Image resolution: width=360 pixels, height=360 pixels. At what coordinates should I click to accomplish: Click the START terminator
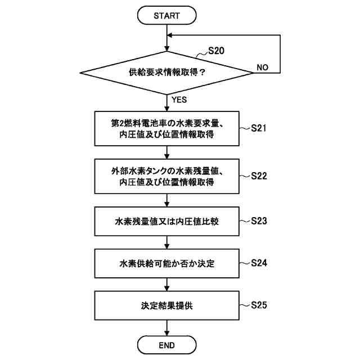point(167,16)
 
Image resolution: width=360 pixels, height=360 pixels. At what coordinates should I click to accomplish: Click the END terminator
point(167,345)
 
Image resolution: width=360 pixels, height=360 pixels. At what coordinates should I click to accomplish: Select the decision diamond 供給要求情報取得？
point(167,73)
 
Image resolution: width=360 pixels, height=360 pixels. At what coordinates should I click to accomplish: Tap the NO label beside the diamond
point(262,67)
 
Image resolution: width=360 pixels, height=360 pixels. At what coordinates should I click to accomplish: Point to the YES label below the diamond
point(179,100)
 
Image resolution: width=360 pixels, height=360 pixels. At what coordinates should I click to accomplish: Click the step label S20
point(216,51)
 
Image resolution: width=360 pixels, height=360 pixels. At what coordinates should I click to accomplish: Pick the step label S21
point(259,128)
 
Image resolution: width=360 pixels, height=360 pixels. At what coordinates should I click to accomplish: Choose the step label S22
point(259,175)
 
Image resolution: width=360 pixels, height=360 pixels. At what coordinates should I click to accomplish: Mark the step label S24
point(259,263)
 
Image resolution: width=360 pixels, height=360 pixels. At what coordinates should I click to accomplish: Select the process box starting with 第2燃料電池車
point(167,129)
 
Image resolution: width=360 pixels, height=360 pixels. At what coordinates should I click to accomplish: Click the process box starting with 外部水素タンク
point(167,176)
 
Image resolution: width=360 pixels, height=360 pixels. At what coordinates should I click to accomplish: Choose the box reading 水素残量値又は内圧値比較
point(167,221)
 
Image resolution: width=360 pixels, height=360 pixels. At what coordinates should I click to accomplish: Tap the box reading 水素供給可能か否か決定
point(167,263)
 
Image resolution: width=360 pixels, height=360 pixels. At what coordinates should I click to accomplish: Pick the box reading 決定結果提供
point(167,306)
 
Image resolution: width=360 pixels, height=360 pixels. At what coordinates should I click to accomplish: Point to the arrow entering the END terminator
point(167,328)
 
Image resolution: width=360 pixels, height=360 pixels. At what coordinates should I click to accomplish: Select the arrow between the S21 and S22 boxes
point(167,152)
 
